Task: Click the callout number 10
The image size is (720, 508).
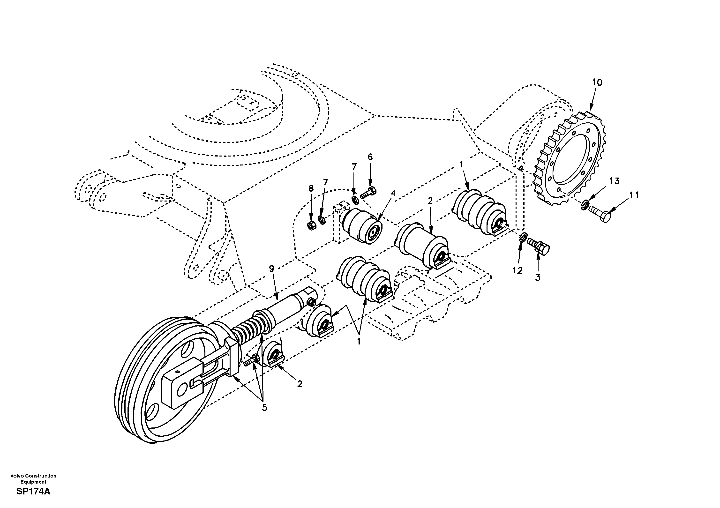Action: click(597, 82)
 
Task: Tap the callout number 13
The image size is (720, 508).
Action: click(614, 181)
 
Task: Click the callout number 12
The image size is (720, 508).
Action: click(517, 270)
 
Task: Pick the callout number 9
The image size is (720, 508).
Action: click(271, 269)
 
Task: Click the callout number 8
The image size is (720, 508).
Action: click(311, 188)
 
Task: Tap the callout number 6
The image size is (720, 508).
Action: click(370, 157)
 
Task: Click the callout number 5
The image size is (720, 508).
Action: click(265, 408)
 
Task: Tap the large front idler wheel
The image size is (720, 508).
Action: click(163, 381)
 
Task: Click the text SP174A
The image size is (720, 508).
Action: click(33, 491)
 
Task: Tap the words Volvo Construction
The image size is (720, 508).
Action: click(33, 476)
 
